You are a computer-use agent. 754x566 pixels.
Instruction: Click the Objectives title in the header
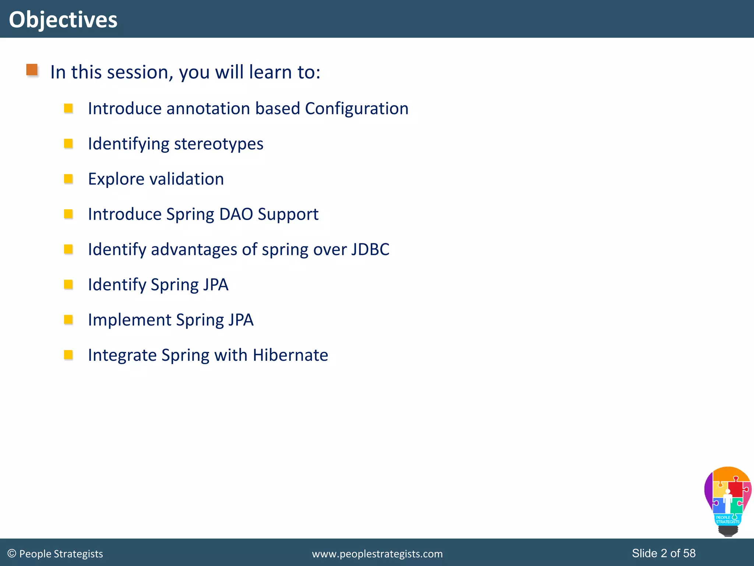coord(63,20)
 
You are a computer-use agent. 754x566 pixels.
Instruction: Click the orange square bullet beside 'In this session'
coord(32,70)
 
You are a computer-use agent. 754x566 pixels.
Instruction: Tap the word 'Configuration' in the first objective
coord(356,108)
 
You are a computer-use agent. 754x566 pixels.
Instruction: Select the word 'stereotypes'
coord(218,144)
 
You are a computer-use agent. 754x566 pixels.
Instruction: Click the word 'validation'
coord(187,179)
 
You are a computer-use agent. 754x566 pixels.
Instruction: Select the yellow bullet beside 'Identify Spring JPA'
coord(68,284)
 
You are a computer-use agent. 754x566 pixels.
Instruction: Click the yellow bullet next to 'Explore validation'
coord(68,179)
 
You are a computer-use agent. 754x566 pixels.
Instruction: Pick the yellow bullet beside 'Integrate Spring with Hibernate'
coord(68,354)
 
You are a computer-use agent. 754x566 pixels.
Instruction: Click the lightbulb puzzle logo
coord(727,500)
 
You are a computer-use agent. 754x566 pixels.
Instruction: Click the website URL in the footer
coord(377,554)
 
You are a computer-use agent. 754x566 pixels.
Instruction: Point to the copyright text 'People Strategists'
coord(61,554)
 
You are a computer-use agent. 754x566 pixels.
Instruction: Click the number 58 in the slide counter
coord(689,553)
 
